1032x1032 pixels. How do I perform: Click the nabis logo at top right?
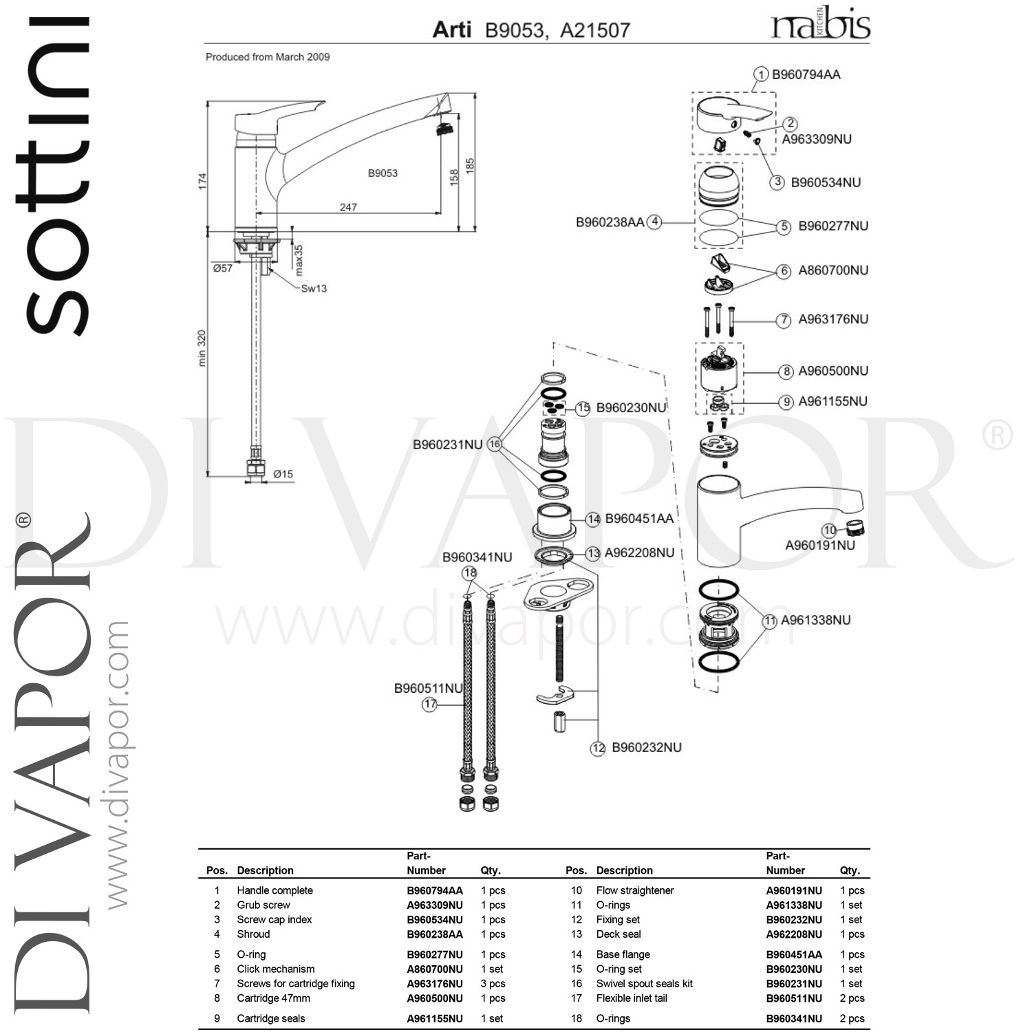coord(820,25)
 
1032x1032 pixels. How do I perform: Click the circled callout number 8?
coord(786,372)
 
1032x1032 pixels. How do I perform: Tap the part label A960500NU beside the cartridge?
coord(833,371)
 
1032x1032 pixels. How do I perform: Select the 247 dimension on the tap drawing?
coord(348,206)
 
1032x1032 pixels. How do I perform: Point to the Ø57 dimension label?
coord(223,268)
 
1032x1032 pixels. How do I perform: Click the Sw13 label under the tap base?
coord(314,288)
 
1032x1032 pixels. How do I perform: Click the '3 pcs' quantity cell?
coord(493,984)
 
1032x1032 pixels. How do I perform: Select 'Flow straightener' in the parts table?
coord(635,890)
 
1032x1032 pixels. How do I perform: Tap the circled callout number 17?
coord(430,704)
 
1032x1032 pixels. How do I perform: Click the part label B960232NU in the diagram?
coord(647,748)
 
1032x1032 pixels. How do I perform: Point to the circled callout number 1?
coord(761,74)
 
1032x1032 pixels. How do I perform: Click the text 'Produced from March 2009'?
coord(268,57)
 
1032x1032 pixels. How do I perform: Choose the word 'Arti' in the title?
coord(451,30)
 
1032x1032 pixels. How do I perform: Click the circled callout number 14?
coord(593,519)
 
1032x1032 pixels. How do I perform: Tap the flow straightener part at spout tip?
coord(854,528)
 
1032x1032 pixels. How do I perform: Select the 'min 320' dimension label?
coord(202,348)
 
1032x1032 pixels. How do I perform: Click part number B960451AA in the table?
coord(794,954)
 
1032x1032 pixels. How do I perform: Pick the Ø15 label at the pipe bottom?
coord(283,474)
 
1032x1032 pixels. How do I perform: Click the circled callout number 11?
coord(769,621)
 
